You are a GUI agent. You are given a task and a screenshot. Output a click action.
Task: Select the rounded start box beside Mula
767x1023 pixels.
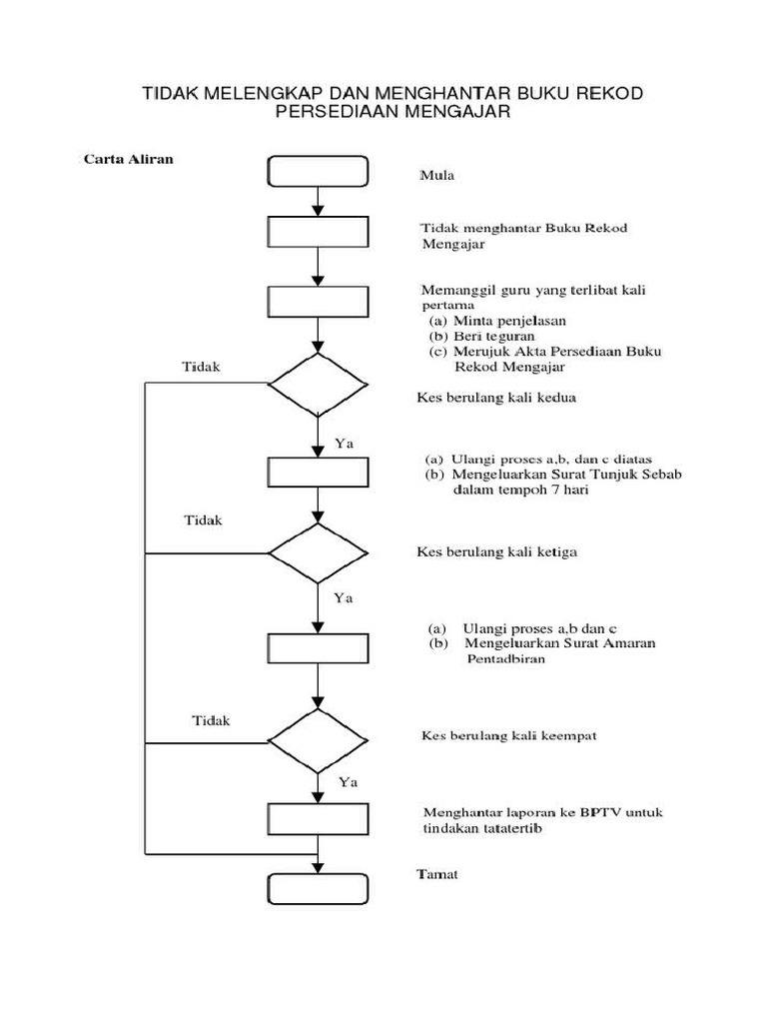pos(318,170)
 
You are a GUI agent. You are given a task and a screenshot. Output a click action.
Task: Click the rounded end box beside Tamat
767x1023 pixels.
pos(318,888)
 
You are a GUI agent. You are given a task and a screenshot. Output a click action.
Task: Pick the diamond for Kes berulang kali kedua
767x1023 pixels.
pos(318,384)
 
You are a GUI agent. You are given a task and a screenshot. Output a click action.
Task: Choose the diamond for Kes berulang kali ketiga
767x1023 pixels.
pos(318,552)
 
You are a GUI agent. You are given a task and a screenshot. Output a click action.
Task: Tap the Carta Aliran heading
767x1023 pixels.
pos(129,159)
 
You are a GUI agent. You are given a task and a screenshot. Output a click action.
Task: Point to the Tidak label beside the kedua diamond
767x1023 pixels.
pos(201,366)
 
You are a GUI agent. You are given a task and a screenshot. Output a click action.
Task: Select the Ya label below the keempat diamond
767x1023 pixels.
pos(349,780)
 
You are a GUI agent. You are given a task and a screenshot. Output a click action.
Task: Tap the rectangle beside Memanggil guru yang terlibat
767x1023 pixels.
pos(318,302)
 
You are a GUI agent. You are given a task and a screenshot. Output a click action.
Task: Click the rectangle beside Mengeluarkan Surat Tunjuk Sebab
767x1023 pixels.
pos(318,472)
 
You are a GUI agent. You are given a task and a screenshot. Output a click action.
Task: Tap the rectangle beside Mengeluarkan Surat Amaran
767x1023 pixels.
pos(318,647)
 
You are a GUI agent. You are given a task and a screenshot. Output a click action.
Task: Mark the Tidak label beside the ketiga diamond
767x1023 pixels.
pos(204,520)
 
